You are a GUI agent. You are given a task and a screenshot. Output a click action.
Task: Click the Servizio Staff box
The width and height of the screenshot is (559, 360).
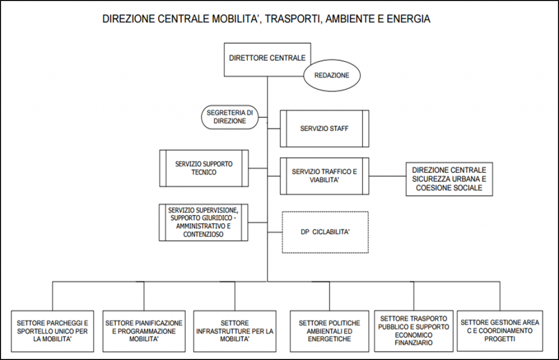point(324,129)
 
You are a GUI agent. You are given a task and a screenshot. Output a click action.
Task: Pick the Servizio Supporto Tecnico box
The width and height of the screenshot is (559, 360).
point(204,169)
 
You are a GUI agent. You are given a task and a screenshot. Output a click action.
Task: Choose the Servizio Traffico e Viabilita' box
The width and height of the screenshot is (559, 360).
point(324,176)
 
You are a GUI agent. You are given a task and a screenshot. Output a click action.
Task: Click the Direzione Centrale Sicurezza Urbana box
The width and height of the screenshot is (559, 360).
point(449,179)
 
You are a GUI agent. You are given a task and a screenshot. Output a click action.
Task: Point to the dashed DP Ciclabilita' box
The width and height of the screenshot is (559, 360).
point(325,232)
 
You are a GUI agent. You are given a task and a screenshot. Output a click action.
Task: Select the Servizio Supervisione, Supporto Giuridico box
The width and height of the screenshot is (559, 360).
point(204,223)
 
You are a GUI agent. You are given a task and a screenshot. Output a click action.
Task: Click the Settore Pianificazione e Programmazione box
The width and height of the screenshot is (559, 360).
point(144,331)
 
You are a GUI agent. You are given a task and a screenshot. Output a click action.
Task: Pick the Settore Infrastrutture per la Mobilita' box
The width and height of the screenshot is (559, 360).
point(235,331)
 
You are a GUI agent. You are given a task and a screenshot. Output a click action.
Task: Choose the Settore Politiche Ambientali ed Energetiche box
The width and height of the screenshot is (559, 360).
point(325,331)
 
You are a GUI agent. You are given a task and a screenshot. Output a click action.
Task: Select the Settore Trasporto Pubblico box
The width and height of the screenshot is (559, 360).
point(414,331)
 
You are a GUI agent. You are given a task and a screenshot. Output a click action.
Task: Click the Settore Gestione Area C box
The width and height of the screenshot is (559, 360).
point(499,331)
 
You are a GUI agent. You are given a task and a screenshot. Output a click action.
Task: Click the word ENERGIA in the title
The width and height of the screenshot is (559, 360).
point(410,19)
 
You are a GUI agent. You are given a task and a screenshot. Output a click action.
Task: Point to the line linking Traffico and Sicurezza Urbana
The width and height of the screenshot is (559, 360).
point(387,176)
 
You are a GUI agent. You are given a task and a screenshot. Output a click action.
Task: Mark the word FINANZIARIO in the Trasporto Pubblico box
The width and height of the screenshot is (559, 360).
point(414,343)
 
